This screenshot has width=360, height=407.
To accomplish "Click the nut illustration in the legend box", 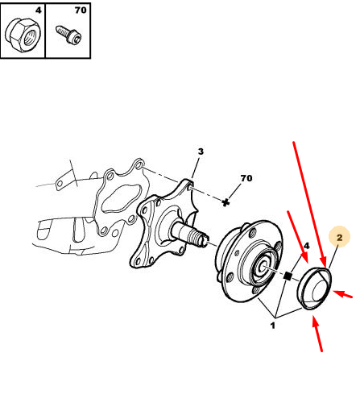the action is point(23,35).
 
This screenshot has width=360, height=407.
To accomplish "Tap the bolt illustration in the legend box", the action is point(68,35).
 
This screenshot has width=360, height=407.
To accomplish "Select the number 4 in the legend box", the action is point(39,10).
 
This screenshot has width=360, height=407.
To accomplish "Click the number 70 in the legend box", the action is point(81,10).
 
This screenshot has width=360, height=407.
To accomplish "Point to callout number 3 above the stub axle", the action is point(201,152).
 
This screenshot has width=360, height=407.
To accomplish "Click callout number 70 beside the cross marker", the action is point(246,178).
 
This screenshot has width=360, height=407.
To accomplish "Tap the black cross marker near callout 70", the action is point(226,202).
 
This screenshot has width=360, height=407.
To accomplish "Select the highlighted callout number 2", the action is point(340,237).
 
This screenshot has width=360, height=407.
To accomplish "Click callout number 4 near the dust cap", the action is point(307,246).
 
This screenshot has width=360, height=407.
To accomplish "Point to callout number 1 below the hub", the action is point(273,326).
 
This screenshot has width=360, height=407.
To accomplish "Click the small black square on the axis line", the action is point(288,276).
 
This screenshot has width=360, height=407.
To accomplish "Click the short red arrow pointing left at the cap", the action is point(342,293).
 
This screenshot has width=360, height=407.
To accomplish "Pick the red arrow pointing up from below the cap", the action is point(317,333).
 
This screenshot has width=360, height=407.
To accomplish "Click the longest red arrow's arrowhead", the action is point(324,263).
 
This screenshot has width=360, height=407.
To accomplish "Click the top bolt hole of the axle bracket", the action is point(138,164).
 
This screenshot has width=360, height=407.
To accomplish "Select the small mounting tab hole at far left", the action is point(60,184).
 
